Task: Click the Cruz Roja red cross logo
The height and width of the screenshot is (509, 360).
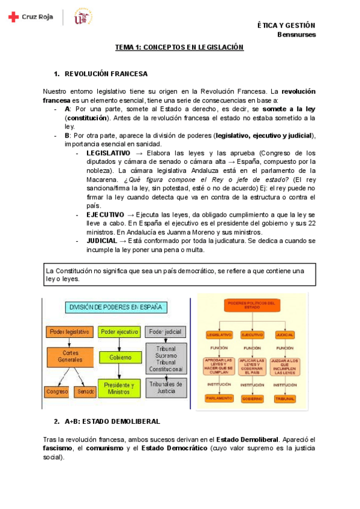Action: coord(13,17)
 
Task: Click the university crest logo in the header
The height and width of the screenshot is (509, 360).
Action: coord(82,17)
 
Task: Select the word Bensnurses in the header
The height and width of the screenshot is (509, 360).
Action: coord(296,34)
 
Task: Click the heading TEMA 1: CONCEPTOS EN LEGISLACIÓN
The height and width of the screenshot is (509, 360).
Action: coord(179,47)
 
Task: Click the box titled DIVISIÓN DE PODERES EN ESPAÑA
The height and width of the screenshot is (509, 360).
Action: coord(116,308)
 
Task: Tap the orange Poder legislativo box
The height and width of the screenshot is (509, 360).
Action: coord(70,332)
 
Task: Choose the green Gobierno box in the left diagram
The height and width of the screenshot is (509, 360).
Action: coord(120,357)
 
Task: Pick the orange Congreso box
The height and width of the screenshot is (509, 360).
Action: coord(58,392)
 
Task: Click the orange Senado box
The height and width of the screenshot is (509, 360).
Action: coord(86,392)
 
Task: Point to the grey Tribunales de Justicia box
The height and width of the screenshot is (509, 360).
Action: coord(166,388)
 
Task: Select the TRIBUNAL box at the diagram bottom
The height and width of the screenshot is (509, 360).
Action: coord(284,398)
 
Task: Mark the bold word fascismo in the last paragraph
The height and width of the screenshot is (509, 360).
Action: coord(59,448)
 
